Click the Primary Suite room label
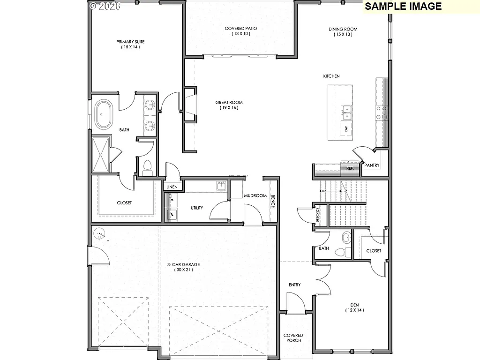point(130,42)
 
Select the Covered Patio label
point(240,28)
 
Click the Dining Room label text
point(343,29)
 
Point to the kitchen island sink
point(346,112)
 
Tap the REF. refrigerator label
point(350,168)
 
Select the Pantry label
point(372,165)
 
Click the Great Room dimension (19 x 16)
point(229,108)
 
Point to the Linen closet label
point(172,187)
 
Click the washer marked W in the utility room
point(172,215)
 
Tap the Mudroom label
point(255,196)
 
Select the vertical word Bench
point(272,202)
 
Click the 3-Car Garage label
point(183,264)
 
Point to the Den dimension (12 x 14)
point(354,310)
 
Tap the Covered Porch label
point(293,338)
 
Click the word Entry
point(295,285)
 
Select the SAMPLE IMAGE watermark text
point(403,6)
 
